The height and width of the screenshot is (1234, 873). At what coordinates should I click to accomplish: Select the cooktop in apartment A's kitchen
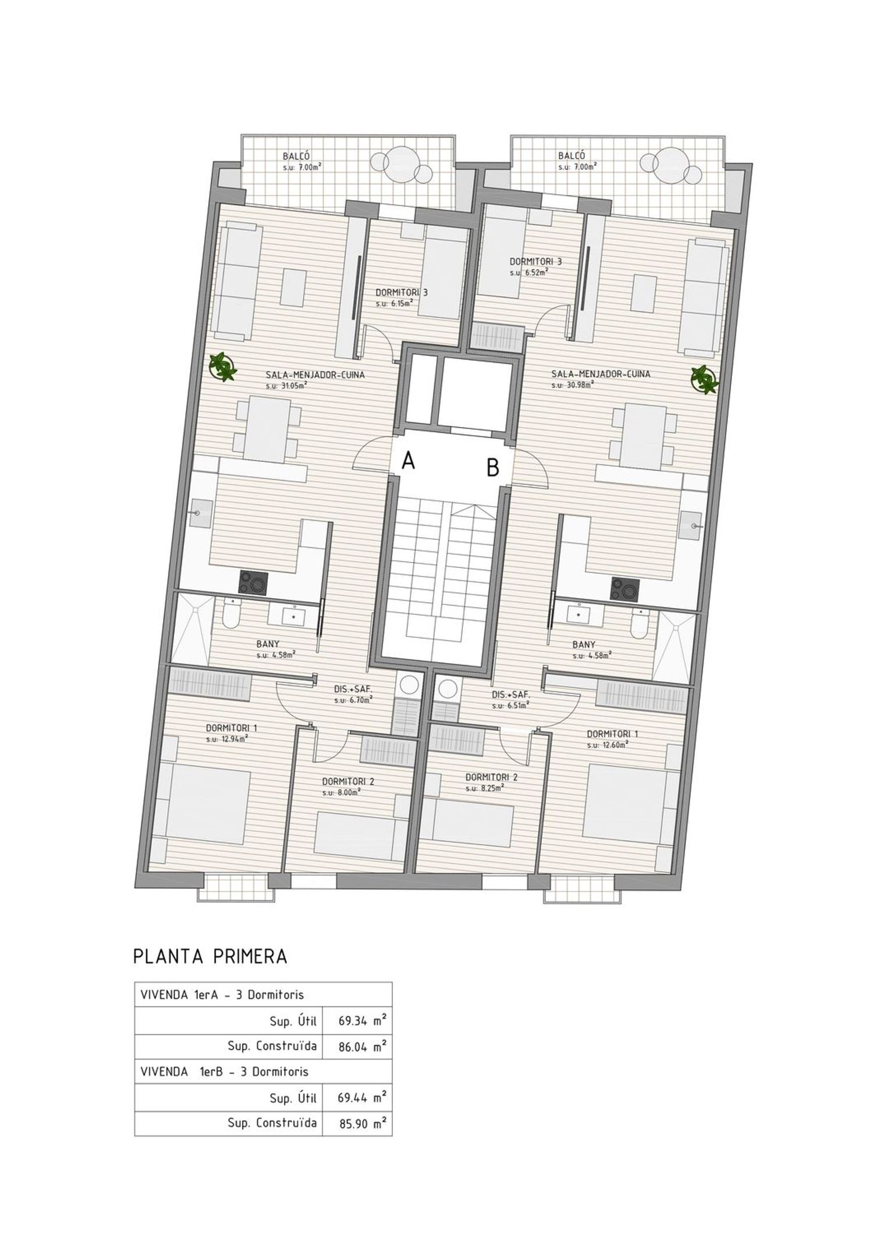point(254,582)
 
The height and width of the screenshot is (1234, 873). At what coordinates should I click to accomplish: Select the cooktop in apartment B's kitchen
point(624,589)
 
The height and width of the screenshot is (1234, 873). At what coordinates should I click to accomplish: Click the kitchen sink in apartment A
point(197,513)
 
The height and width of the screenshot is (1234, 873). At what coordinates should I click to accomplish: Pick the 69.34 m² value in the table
point(363,1020)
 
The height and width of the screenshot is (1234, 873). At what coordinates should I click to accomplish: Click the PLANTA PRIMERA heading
point(210,956)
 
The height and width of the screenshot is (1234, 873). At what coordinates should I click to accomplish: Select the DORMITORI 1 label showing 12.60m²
point(608,739)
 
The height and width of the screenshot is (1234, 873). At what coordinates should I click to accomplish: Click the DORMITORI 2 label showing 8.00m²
point(347,786)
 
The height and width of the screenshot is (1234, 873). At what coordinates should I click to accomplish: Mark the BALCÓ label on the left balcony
point(296,156)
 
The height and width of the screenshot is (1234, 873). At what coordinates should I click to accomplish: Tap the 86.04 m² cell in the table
point(363,1047)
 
